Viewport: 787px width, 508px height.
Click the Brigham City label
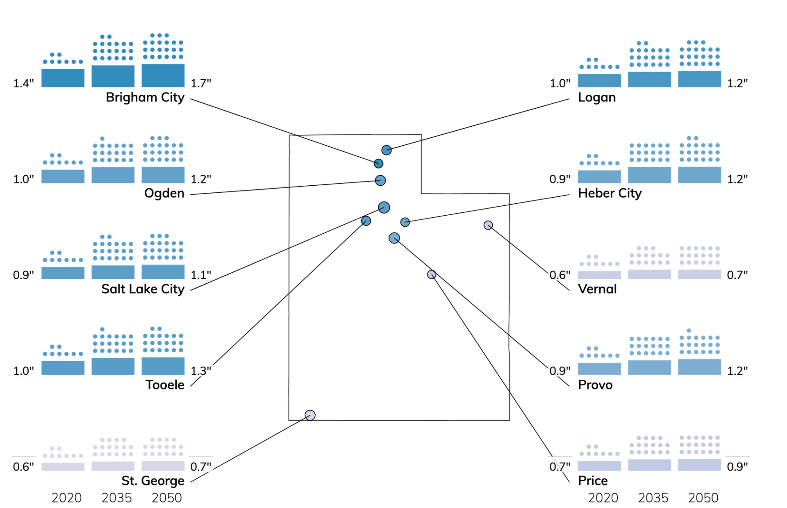tap(145, 98)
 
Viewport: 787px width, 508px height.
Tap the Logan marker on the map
tap(387, 150)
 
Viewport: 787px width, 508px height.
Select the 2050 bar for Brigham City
tap(163, 75)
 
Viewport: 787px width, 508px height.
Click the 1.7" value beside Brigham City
tap(201, 83)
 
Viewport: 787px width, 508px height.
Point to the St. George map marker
tap(310, 415)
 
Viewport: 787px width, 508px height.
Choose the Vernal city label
tap(597, 289)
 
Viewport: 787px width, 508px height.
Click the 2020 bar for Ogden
tap(63, 176)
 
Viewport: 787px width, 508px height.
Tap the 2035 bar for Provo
tap(650, 367)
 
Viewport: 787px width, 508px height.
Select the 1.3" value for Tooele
tap(201, 371)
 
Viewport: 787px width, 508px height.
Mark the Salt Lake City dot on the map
tap(384, 207)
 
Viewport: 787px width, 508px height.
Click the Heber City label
tap(610, 193)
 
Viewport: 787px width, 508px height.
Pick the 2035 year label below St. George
tap(117, 498)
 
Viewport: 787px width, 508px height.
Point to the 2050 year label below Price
tap(703, 498)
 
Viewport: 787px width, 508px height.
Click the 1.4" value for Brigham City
tap(23, 83)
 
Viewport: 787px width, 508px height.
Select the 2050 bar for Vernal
tap(700, 274)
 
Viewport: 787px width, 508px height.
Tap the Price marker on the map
tap(432, 274)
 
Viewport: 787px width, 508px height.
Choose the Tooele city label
tap(165, 385)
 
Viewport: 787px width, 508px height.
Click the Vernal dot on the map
tap(488, 225)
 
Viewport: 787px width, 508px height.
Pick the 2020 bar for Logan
tap(600, 80)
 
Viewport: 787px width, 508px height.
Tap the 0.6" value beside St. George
tap(23, 467)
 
